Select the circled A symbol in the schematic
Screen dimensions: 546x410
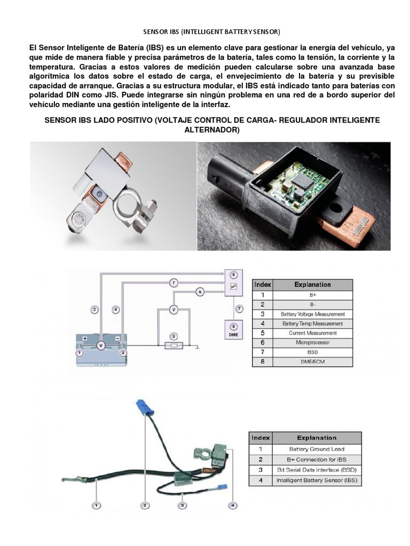(200, 292)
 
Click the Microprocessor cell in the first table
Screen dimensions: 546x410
(312, 342)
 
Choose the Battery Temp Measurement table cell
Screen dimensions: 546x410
(312, 323)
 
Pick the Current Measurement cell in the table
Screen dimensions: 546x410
(312, 333)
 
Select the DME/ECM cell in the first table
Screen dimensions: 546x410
(312, 362)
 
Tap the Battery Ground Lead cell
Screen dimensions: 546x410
(317, 449)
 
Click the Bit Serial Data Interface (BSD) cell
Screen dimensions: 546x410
(317, 470)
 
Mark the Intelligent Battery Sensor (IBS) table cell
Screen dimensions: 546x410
(317, 480)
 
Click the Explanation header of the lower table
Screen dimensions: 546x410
(317, 438)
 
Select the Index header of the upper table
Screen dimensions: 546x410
(262, 284)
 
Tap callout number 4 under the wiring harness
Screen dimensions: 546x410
(232, 504)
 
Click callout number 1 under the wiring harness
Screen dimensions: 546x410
(97, 504)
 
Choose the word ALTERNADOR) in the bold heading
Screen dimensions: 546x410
(212, 130)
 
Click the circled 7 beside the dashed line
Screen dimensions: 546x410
(240, 309)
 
